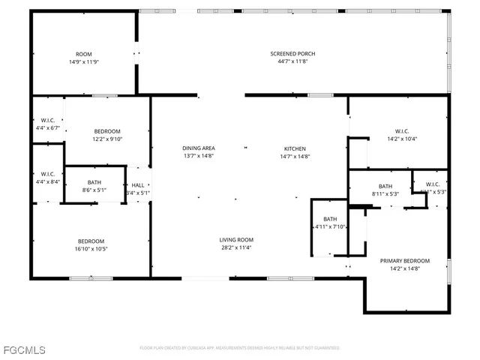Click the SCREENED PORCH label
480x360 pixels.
[292, 54]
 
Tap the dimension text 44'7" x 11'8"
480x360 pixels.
[292, 61]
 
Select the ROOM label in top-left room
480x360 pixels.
[83, 54]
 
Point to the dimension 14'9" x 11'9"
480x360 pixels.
[83, 61]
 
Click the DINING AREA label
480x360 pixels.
[199, 148]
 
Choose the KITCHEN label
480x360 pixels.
[295, 148]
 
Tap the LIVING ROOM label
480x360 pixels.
[235, 239]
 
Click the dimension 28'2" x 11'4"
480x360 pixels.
[235, 247]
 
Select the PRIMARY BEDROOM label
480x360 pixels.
[404, 261]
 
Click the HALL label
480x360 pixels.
[138, 185]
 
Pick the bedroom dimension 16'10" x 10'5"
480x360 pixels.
[91, 249]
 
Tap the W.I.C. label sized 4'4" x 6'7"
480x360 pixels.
[46, 120]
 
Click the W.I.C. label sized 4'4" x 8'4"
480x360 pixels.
[46, 174]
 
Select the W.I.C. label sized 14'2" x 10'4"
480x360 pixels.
[402, 130]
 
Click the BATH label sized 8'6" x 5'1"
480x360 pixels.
[94, 182]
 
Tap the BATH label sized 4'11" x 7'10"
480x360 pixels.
[330, 219]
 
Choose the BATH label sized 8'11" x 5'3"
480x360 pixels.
[385, 186]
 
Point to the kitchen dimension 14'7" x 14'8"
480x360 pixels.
[295, 156]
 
